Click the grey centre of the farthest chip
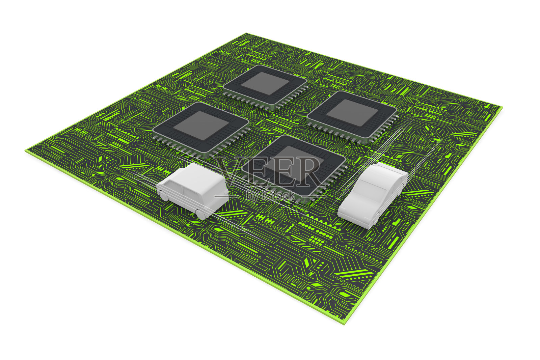(265, 83)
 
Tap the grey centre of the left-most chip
(201, 125)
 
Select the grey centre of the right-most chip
(352, 113)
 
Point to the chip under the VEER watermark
(294, 169)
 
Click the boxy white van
(193, 190)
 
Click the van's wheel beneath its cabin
(164, 196)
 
